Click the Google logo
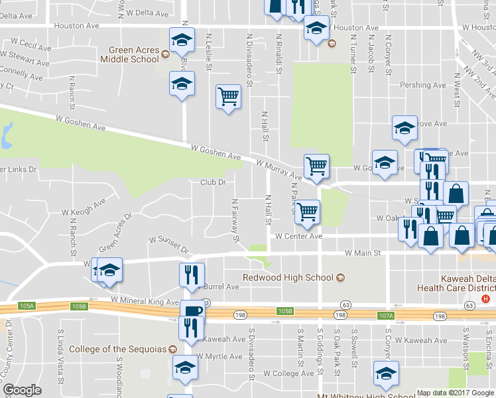(23, 390)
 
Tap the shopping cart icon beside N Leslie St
(228, 97)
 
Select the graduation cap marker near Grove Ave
(404, 129)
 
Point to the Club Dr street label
(214, 182)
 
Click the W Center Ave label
(299, 235)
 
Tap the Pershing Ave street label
(423, 85)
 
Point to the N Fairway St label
(235, 220)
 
